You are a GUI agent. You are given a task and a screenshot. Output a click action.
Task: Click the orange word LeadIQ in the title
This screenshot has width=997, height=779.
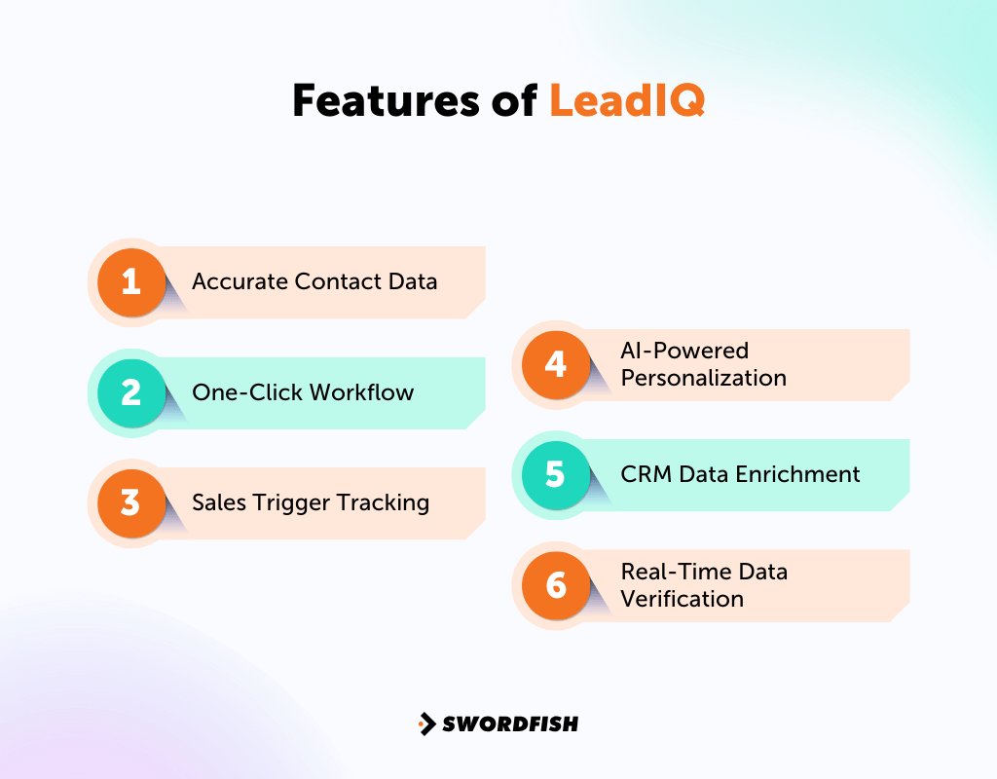click(x=626, y=100)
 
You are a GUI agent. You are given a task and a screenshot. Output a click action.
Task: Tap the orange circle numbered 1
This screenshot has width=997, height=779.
click(x=131, y=282)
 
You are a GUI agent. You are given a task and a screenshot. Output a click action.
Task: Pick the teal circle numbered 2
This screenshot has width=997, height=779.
click(x=131, y=392)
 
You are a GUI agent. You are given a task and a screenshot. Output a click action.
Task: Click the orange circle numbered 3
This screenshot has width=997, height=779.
click(x=131, y=503)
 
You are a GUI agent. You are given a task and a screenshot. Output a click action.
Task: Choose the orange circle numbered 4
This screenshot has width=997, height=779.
click(x=556, y=364)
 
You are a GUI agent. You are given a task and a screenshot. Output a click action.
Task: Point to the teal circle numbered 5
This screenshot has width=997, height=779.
click(x=556, y=474)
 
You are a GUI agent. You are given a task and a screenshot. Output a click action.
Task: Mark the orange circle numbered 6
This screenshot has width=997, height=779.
click(x=556, y=585)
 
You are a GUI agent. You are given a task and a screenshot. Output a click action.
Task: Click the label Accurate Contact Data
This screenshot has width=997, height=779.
click(x=314, y=282)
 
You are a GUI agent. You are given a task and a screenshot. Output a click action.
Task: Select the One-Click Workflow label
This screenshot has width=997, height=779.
click(x=303, y=392)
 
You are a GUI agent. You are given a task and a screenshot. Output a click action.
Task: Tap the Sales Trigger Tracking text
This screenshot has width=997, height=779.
click(x=311, y=502)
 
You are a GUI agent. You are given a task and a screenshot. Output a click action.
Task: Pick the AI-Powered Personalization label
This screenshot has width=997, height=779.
click(x=703, y=364)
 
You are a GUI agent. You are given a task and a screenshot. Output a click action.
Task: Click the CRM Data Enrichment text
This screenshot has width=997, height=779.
click(x=740, y=474)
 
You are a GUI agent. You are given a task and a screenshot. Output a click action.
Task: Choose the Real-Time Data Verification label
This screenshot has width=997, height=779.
click(x=703, y=584)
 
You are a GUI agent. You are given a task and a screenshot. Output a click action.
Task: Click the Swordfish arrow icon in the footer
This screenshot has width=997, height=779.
click(x=426, y=723)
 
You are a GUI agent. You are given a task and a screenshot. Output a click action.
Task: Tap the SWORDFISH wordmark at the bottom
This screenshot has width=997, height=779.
click(x=509, y=723)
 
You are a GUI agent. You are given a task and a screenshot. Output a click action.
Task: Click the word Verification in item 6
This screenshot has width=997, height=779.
click(x=682, y=598)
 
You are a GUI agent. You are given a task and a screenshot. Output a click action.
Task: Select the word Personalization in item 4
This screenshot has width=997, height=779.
click(x=703, y=378)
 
